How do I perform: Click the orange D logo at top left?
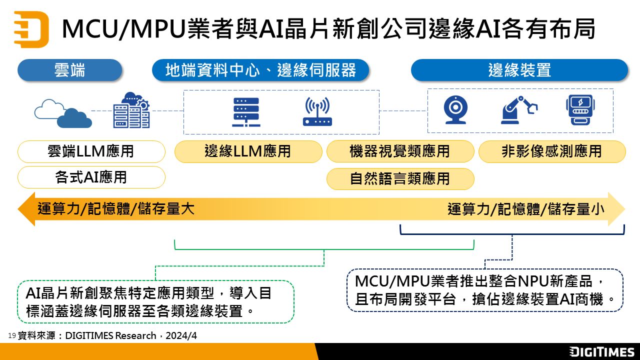point(31,29)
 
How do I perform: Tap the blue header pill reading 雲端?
point(69,70)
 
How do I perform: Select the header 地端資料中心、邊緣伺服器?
point(260,70)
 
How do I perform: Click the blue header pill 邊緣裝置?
point(519,70)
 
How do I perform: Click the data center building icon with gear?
point(131,110)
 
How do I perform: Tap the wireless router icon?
point(317,111)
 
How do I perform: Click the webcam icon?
point(455,110)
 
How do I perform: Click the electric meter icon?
point(579,110)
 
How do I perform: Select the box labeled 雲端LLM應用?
point(91,151)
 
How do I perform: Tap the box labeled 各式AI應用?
point(91,177)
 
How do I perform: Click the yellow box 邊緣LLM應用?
point(248,151)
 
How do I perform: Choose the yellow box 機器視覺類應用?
point(400,151)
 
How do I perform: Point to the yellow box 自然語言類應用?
point(400,178)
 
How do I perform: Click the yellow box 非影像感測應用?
point(552,151)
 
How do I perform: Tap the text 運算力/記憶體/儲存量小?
point(526,209)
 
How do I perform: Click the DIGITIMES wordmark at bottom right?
point(601,351)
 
